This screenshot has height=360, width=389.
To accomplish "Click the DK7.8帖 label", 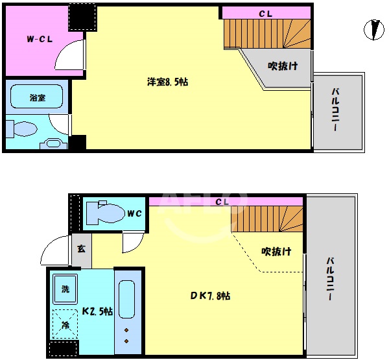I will [210, 296].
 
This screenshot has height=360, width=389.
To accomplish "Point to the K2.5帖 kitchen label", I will [97, 311].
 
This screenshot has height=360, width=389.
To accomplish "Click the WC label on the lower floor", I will [135, 212].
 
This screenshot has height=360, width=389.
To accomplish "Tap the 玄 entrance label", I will [81, 248].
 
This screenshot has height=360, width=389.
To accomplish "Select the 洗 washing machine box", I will [66, 289].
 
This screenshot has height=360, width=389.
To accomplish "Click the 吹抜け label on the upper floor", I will [283, 66].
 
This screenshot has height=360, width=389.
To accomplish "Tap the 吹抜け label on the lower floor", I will [276, 251].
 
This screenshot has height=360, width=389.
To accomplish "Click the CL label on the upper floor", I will [265, 12].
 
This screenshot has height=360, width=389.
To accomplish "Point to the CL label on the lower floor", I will [222, 202].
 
